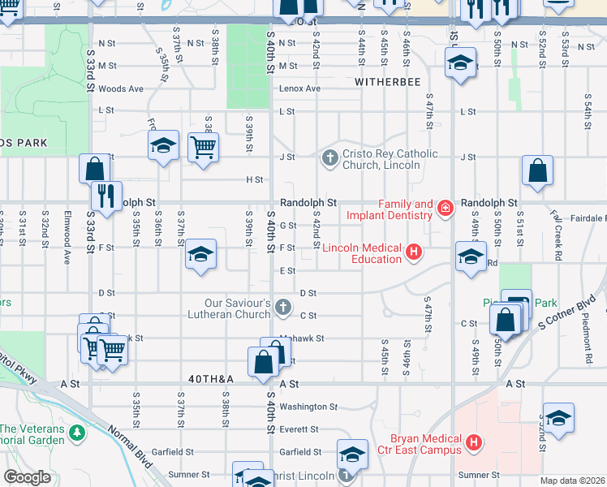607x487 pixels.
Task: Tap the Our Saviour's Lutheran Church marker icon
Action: coord(282,307)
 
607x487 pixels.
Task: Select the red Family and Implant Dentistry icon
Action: coord(445,209)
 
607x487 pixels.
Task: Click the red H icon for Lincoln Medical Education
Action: coord(414,252)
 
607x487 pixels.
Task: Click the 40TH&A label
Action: coord(211,379)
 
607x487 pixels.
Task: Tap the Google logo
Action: coord(27,476)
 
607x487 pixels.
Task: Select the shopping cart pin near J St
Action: coord(203,148)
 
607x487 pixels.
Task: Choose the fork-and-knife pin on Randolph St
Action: coord(105,196)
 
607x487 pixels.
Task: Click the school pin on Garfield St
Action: coord(352,455)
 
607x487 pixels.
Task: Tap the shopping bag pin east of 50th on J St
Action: coord(537,171)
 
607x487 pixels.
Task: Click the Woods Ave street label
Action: coord(120,88)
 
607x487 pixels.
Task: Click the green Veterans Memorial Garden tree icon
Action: coord(76,432)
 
